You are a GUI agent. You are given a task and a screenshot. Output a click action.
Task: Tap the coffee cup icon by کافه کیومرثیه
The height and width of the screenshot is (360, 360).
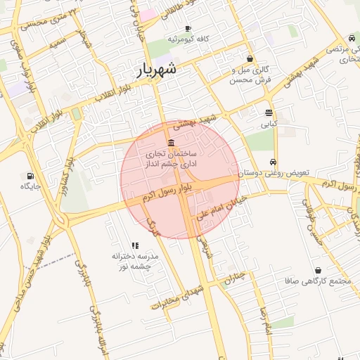pos(187,29)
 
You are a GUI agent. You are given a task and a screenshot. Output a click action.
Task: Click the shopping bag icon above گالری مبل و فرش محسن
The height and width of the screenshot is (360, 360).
pos(250,59)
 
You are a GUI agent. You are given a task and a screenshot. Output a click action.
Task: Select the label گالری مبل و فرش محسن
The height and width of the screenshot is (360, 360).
pos(250,75)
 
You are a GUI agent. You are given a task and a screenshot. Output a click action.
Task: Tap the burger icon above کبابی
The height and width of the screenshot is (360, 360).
pos(269,112)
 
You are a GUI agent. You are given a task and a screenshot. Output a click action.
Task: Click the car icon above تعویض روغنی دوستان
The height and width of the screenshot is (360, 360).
pos(273,161)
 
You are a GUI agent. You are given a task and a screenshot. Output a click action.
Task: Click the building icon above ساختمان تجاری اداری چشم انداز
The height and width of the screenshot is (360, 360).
pos(172,143)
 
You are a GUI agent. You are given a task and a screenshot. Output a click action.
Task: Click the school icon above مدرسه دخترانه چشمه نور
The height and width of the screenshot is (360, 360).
pos(136,245)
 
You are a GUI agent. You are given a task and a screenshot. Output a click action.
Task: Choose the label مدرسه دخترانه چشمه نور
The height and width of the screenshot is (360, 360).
pos(136,262)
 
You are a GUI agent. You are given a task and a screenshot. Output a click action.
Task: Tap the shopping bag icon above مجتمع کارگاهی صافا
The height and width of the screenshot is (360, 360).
pos(319,271)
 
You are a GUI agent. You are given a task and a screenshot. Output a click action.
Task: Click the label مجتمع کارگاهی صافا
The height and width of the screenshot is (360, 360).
pos(319,282)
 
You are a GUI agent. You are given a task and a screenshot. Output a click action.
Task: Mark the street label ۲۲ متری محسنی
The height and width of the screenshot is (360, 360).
pos(46,20)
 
